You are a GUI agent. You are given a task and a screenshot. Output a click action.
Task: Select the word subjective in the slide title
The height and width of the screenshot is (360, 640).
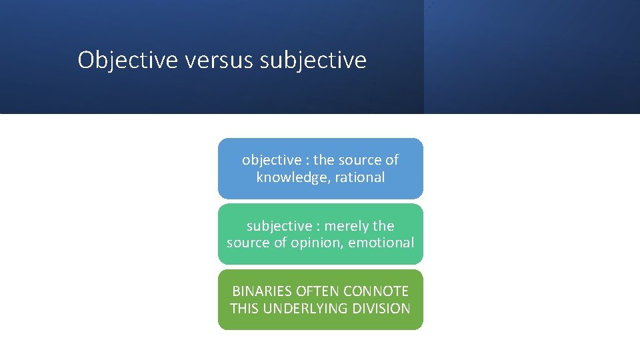coord(313,61)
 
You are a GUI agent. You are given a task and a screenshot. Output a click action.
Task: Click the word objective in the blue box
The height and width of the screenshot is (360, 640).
coord(271,160)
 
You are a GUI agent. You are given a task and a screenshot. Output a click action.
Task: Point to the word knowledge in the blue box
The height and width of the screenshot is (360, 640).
coord(287,177)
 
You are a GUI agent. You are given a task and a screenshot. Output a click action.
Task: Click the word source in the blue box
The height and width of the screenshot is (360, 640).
coord(361,160)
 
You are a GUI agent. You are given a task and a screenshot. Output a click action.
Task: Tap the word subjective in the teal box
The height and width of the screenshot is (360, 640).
coord(277,226)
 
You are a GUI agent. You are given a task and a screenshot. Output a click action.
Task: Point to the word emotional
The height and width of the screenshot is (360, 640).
coord(381,243)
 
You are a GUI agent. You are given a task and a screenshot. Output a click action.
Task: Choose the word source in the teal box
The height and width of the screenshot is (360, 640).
coord(249,243)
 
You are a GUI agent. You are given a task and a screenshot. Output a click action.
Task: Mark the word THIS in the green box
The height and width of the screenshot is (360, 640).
coord(245,309)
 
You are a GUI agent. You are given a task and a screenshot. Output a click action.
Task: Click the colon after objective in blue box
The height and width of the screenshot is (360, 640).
coord(307,161)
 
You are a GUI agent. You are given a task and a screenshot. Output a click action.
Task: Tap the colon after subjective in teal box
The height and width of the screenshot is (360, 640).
coord(319,227)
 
